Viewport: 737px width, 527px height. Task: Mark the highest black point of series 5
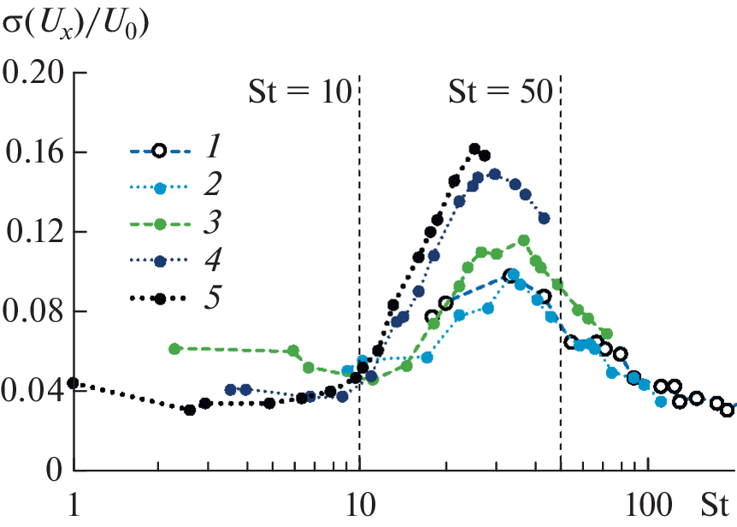coord(475,149)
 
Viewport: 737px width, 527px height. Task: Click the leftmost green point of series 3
coord(174,349)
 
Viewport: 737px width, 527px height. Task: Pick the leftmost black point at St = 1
coord(73,383)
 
